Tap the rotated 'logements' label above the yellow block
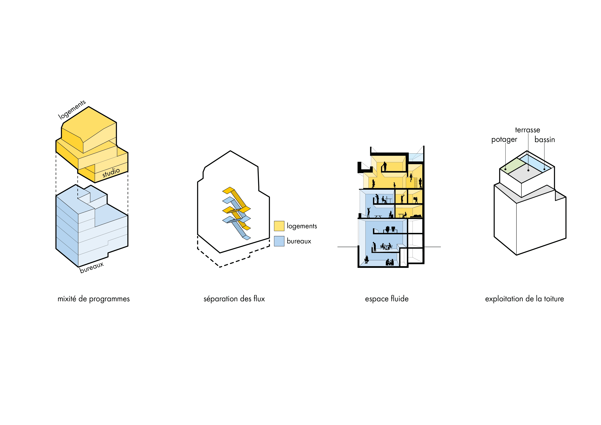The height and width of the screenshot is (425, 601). click(x=72, y=110)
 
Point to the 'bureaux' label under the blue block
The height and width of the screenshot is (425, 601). click(x=92, y=267)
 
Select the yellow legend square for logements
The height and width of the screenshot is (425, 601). click(x=279, y=226)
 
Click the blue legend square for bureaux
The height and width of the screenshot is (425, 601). click(x=279, y=241)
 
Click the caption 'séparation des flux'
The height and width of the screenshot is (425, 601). click(x=234, y=299)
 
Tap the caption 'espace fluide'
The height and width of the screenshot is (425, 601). click(x=387, y=299)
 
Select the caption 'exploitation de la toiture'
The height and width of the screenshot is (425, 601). click(x=525, y=299)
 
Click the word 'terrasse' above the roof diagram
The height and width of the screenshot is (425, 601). click(x=528, y=130)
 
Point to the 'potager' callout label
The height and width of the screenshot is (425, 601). click(x=504, y=139)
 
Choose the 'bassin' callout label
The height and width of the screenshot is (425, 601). click(x=545, y=139)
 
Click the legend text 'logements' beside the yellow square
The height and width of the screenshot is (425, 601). click(x=302, y=226)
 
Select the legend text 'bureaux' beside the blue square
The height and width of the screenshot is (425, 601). click(x=299, y=241)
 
